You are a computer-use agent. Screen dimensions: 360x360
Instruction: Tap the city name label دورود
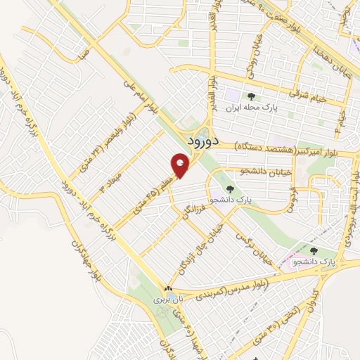205,141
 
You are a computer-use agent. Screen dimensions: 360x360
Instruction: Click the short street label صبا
84,53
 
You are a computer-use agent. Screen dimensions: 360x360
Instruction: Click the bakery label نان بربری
169,299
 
